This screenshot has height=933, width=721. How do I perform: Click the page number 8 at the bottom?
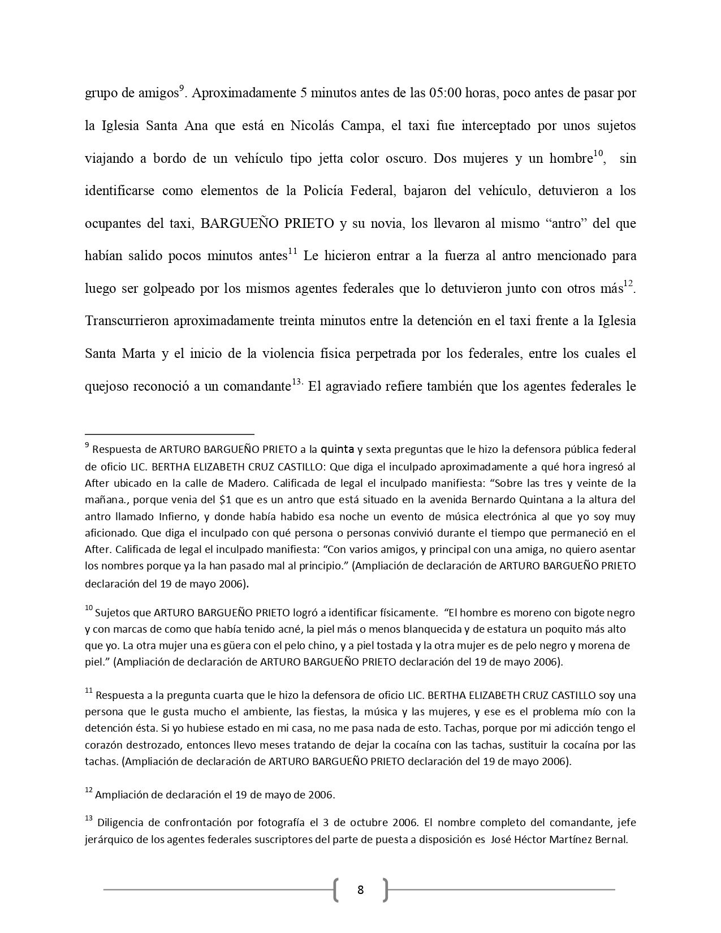pos(361,890)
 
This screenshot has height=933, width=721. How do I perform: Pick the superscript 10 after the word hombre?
pos(598,154)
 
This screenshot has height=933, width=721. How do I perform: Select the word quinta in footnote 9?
pos(338,450)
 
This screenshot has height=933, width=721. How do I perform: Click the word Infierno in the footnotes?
pos(178,516)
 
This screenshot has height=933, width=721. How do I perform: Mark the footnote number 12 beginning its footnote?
pos(88,791)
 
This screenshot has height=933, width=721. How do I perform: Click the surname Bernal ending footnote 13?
pos(611,839)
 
